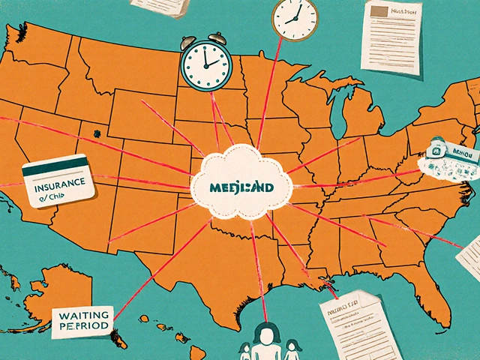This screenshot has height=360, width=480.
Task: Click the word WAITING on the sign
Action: [x=80, y=314]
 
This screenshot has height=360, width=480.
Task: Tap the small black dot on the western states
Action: [x=96, y=134]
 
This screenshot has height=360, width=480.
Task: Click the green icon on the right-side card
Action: [x=433, y=153]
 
